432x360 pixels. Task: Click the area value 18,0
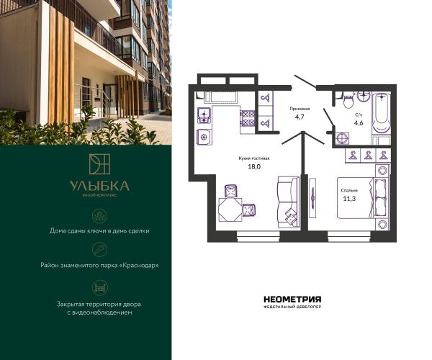254,166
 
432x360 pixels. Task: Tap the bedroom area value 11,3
349,199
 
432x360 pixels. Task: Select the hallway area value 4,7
300,117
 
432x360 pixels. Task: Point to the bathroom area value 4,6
359,123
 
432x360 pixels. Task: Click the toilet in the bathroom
348,100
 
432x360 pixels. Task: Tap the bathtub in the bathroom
382,114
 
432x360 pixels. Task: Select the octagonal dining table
230,210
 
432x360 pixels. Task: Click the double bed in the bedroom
363,198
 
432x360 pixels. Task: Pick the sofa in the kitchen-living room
288,202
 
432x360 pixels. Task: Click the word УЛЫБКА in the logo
99,186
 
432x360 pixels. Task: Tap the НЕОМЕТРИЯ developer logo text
292,300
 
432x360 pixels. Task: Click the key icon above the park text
100,250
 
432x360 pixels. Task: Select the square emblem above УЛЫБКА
99,164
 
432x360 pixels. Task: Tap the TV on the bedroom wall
312,198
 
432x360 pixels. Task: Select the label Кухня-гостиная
254,158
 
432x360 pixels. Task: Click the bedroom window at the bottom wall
349,236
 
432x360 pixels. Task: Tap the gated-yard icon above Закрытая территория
100,288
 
